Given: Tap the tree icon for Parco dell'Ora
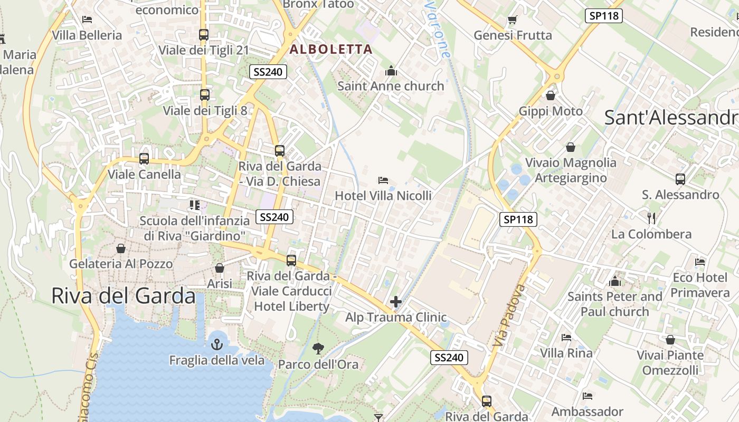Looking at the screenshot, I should tap(318, 348).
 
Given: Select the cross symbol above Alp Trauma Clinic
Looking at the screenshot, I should tap(396, 302).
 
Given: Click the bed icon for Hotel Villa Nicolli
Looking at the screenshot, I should tap(383, 180).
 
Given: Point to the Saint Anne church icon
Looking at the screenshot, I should tap(391, 70).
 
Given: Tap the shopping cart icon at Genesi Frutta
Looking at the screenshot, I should tap(512, 20).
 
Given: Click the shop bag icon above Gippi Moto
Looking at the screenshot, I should tap(551, 95).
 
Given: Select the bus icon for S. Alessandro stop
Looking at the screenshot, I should tap(680, 179).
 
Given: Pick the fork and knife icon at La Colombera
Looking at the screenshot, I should tap(651, 218).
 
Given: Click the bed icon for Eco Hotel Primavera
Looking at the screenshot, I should tap(700, 262).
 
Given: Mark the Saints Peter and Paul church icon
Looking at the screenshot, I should tap(615, 281).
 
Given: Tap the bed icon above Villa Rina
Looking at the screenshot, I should tap(566, 337).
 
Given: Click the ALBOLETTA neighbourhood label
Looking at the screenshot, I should tap(331, 50).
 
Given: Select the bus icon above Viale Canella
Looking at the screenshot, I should tap(144, 159).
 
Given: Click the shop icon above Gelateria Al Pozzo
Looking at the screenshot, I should tap(121, 248).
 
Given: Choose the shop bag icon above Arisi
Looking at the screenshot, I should tap(220, 268).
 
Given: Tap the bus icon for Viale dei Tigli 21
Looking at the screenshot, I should tap(204, 35).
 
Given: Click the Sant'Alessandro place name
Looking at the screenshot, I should tap(671, 118).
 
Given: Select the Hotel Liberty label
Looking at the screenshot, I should tap(292, 306).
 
